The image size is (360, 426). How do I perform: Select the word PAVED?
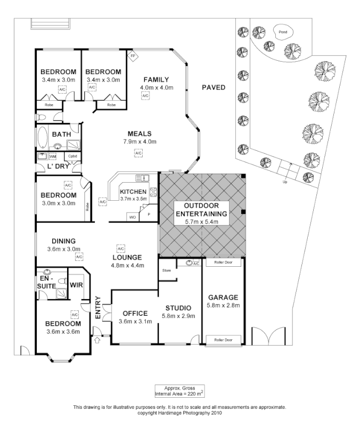[213, 87]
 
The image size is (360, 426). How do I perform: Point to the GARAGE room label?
[223, 297]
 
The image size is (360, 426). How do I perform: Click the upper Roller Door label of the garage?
[223, 262]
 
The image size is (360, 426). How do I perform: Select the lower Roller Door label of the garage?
[223, 339]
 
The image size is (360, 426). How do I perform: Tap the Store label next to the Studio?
[166, 271]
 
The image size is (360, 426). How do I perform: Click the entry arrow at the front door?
[97, 338]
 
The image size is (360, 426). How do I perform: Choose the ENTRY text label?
[97, 308]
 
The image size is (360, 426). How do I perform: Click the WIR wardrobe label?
[76, 284]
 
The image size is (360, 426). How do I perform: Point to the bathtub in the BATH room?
[42, 136]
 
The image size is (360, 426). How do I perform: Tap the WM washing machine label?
[52, 157]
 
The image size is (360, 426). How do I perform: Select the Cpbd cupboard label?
[71, 156]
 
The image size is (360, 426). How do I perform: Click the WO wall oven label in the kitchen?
[132, 217]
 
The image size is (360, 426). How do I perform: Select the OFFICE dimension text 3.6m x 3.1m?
[132, 322]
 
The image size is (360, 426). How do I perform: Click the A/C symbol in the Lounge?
[120, 249]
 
